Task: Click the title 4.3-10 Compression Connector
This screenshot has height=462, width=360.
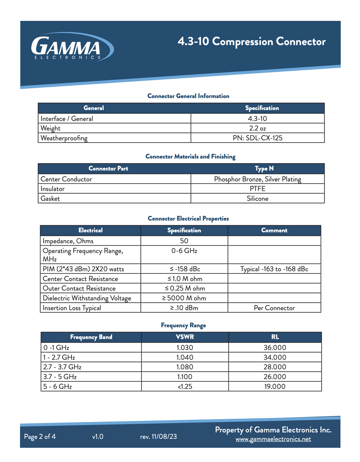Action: (251, 42)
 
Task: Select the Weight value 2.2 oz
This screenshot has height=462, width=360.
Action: (257, 128)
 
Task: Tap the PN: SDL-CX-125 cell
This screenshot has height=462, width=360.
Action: (257, 138)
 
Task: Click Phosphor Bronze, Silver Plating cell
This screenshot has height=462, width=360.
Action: (257, 179)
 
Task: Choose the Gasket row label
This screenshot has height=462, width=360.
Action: (50, 199)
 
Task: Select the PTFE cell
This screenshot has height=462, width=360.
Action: (257, 189)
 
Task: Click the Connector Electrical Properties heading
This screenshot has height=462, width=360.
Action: (188, 219)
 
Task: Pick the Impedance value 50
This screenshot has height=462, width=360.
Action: (184, 241)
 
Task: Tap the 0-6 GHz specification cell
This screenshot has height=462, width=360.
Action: (184, 251)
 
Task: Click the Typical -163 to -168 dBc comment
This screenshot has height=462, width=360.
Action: (274, 269)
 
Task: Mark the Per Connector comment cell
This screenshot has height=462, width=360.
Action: (274, 308)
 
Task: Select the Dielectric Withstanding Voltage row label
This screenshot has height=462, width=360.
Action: (87, 298)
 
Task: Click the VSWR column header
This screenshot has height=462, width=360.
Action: (185, 337)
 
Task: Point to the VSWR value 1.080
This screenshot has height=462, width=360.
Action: (185, 367)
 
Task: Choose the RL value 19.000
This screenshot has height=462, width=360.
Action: (275, 386)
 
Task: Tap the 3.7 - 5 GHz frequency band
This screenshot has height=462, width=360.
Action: (60, 377)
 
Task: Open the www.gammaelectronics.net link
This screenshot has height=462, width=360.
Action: (273, 439)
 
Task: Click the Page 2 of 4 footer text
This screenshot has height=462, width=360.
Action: (40, 436)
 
